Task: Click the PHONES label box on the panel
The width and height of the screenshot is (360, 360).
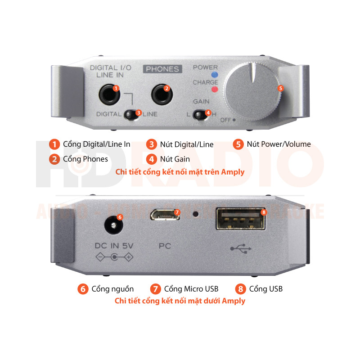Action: pyautogui.click(x=162, y=69)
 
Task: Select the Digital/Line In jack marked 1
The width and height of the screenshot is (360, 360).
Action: pyautogui.click(x=110, y=94)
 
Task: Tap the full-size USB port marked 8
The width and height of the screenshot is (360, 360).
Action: pyautogui.click(x=240, y=217)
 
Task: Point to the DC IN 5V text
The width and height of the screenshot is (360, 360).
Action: pyautogui.click(x=114, y=246)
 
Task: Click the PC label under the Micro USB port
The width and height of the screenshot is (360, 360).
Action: pyautogui.click(x=165, y=246)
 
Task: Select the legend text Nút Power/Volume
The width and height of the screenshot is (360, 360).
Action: pyautogui.click(x=279, y=144)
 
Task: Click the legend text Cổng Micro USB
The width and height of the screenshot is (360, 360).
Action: pyautogui.click(x=191, y=289)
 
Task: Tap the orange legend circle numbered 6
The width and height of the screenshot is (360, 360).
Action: pyautogui.click(x=82, y=289)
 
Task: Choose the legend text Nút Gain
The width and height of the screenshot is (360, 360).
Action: pyautogui.click(x=175, y=159)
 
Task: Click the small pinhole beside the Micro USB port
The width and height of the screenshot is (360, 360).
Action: pyautogui.click(x=195, y=214)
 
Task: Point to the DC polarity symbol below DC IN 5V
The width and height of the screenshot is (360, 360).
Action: pyautogui.click(x=115, y=257)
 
